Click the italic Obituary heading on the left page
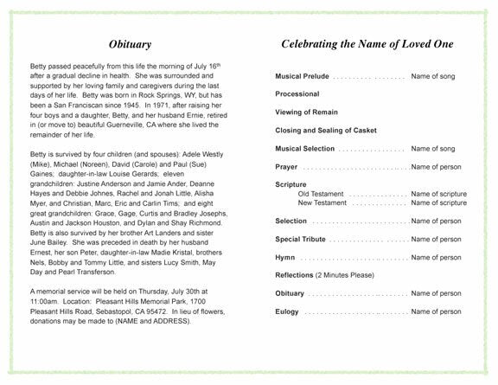(131, 43)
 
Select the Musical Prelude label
(302, 76)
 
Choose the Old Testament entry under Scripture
(321, 194)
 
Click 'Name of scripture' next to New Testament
(438, 203)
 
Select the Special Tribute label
(300, 239)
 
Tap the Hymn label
(284, 257)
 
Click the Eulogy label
(288, 311)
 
